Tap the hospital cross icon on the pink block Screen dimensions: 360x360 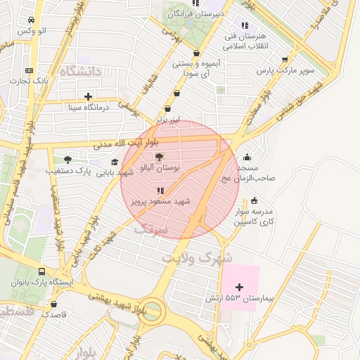pos(240,287)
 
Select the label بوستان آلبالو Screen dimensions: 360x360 pos(160,168)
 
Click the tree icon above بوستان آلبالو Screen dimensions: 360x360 pos(158,157)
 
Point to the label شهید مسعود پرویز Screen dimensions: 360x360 pos(161,201)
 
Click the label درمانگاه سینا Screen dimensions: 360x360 pos(87,108)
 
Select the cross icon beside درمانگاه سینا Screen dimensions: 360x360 pos(88,96)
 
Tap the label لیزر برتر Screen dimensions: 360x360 pos(168,120)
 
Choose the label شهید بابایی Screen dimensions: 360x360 pos(115,172)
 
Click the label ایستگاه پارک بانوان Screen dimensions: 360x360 pos(40,283)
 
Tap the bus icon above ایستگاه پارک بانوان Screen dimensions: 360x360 pos(41,271)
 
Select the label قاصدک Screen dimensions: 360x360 pos(53,314)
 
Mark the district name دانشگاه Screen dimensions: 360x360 pos(82,72)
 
